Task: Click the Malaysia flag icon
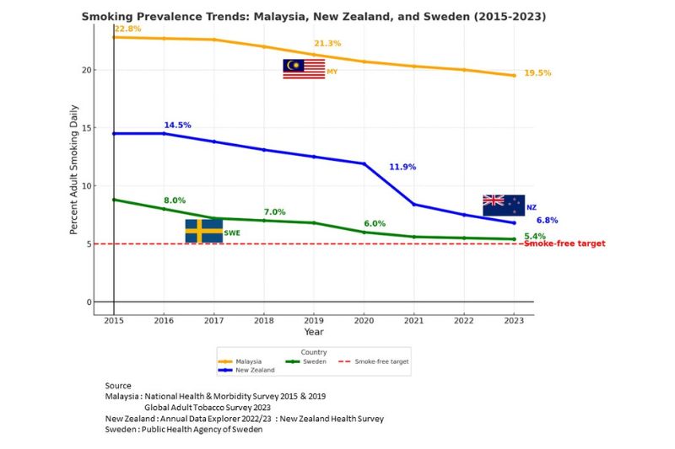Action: (x=304, y=69)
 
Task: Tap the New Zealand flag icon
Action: (x=503, y=205)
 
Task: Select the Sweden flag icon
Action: (x=203, y=231)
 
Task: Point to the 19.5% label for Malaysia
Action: (x=537, y=73)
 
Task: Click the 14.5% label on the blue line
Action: (x=177, y=126)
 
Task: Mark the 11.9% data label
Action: (x=402, y=168)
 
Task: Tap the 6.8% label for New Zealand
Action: (x=549, y=221)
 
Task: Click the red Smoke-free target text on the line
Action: (x=564, y=244)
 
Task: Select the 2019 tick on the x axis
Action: (x=314, y=321)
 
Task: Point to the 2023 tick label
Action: (x=514, y=321)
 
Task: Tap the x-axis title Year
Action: (x=314, y=332)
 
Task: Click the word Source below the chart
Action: (x=118, y=385)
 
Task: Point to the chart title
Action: (x=314, y=16)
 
